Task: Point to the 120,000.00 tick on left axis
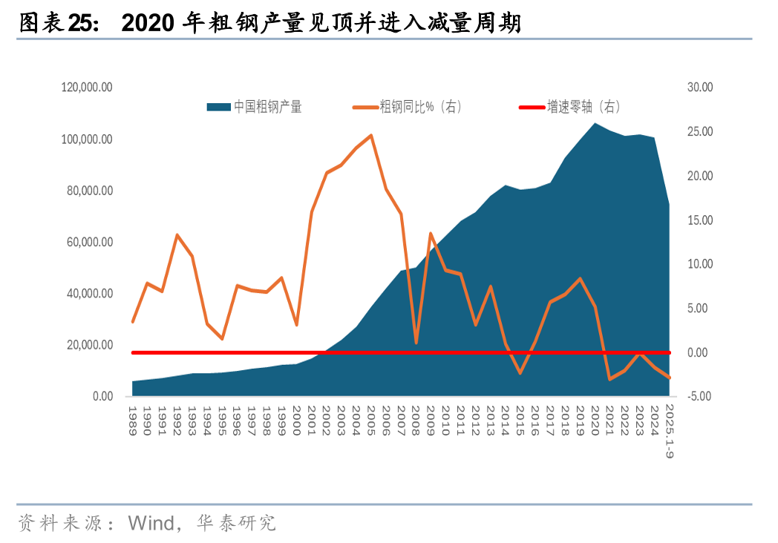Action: (x=87, y=88)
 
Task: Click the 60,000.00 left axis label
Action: (x=88, y=242)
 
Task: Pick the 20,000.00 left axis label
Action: (x=88, y=345)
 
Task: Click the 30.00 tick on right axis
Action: (x=700, y=88)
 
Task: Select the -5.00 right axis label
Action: (x=700, y=396)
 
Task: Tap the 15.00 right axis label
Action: (x=700, y=220)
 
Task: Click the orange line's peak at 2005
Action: (x=371, y=136)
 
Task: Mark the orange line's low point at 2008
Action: (x=416, y=343)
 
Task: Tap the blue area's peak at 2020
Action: (x=595, y=123)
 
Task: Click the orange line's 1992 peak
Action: (x=177, y=235)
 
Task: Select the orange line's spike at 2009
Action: (x=431, y=234)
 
